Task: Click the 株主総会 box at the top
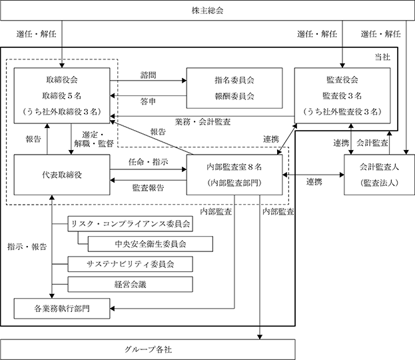[208, 10]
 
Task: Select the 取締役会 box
[62, 95]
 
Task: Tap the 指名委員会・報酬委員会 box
[234, 88]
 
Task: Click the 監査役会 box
[342, 95]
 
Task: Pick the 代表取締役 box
[62, 175]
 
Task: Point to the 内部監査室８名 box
[234, 175]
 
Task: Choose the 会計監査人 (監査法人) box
[379, 175]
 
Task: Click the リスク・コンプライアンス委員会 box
[130, 224]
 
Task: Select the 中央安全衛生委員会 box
[151, 244]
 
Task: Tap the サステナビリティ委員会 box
[130, 264]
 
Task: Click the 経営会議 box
[130, 285]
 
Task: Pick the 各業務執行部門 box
[62, 309]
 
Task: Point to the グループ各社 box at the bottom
[148, 350]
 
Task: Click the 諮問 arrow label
[148, 75]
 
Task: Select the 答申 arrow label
[148, 101]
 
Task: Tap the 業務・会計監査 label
[203, 122]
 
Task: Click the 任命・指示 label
[148, 162]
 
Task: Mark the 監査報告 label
[148, 188]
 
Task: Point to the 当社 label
[382, 57]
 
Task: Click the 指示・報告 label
[27, 247]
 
